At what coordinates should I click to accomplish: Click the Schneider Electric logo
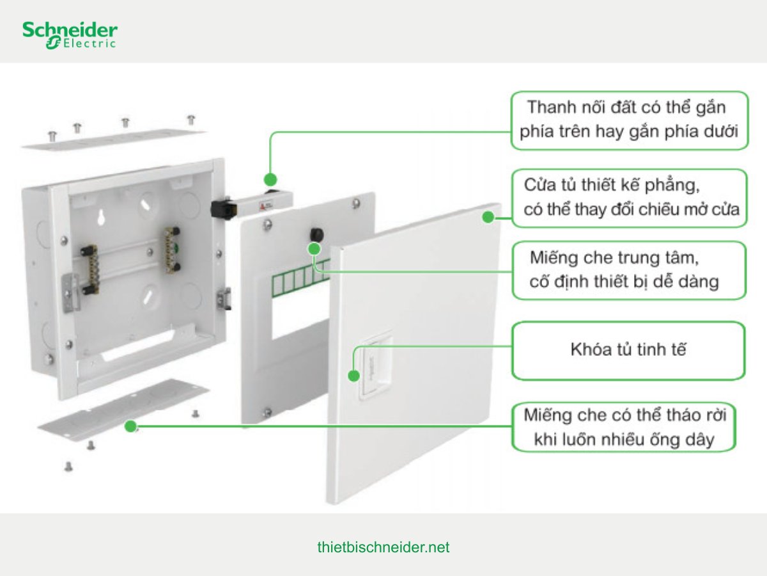tap(70, 35)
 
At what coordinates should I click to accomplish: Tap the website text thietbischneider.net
tap(383, 548)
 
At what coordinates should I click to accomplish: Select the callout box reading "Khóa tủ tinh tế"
tap(628, 350)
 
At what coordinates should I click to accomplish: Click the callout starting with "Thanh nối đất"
tap(629, 120)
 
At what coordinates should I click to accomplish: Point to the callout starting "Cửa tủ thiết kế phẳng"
tap(629, 198)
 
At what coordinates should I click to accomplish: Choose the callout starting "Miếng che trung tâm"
tap(629, 269)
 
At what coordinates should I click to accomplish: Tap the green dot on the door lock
tap(353, 375)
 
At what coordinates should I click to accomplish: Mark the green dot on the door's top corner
tap(488, 217)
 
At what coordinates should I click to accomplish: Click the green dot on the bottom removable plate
tap(132, 426)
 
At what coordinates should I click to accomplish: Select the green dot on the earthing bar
tap(270, 179)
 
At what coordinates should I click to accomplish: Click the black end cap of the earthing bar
tap(221, 207)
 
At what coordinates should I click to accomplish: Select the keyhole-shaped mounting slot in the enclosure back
tap(101, 218)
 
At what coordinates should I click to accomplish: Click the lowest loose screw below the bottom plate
tap(68, 467)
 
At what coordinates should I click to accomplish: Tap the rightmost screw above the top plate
tap(190, 119)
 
